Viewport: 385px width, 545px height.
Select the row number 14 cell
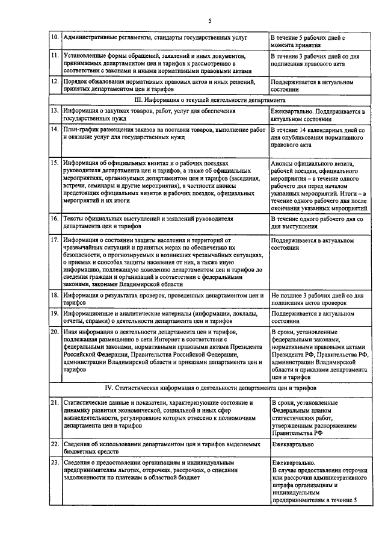pyautogui.click(x=54, y=129)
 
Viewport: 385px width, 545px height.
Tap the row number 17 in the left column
pyautogui.click(x=54, y=240)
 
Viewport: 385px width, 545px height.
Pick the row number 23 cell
pyautogui.click(x=54, y=462)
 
